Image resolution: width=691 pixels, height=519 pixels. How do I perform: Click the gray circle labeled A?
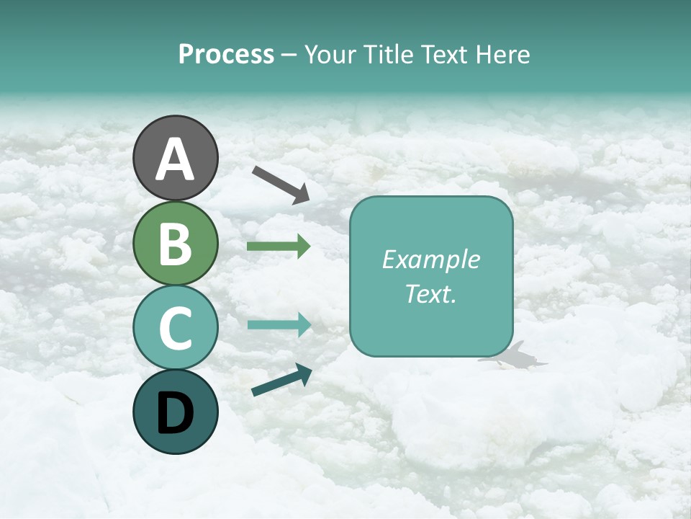175,158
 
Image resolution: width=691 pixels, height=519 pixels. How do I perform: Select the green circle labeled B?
175,243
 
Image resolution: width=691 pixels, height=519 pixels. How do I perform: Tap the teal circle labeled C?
175,327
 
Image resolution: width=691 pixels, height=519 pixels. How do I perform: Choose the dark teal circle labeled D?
175,412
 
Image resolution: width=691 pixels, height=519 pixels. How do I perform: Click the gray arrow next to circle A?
281,185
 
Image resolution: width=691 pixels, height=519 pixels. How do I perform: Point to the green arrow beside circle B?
279,247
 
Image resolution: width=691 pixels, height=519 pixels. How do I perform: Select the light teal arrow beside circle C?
279,325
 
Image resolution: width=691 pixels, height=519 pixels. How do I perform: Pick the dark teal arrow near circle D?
281,380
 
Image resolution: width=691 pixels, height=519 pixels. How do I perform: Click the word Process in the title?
226,55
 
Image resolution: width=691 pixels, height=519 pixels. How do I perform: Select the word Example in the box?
430,259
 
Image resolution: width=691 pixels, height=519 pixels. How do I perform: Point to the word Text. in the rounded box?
430,294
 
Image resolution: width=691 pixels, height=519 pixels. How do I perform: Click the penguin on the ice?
515,357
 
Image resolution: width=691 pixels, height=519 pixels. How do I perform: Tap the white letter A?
175,159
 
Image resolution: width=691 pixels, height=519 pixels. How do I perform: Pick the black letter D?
175,412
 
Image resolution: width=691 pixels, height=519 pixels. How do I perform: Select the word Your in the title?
330,55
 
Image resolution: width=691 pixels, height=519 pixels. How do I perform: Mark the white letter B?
175,244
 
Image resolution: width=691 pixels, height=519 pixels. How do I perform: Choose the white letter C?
175,328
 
